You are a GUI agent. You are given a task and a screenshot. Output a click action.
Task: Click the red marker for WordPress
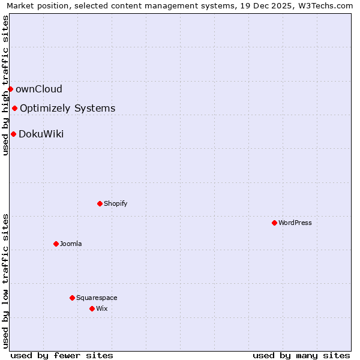pos(274,223)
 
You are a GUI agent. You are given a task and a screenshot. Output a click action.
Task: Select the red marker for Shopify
pos(100,203)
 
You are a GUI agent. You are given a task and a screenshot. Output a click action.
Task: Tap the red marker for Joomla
pos(56,244)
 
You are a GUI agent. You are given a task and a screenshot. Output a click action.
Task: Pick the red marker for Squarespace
pos(72,298)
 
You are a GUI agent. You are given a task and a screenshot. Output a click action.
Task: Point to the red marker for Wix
pos(92,308)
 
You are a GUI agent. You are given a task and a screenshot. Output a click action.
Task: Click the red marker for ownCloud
pos(10,89)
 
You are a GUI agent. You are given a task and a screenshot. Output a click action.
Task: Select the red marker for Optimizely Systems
pos(14,108)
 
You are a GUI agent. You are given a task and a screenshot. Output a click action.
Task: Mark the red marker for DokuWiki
pos(13,134)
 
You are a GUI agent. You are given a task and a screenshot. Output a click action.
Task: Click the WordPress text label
pos(295,223)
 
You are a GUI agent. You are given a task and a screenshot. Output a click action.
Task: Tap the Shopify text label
pos(116,203)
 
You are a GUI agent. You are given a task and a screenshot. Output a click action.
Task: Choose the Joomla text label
pos(71,244)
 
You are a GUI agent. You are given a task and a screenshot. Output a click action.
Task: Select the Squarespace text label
pos(97,298)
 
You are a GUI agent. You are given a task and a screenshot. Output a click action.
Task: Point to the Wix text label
pos(102,308)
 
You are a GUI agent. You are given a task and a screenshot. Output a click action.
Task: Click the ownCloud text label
pos(39,89)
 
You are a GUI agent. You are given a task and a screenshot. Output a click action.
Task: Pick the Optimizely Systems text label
pos(68,109)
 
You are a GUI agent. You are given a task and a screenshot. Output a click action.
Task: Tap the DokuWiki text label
pos(41,134)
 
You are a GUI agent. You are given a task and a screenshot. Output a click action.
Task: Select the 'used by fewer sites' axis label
pos(62,355)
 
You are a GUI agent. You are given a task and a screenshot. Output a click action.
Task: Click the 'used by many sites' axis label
pos(301,355)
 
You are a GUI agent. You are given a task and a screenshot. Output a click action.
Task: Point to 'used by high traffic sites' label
pos(5,85)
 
